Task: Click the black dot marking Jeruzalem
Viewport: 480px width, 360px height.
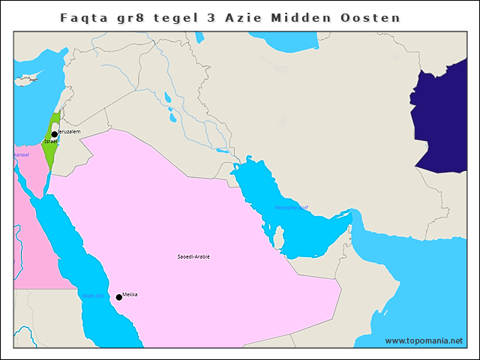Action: (55, 135)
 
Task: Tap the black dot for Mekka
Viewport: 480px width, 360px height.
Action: (118, 298)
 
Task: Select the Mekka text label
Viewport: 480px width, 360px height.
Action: (130, 295)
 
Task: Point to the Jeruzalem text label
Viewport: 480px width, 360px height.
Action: (68, 131)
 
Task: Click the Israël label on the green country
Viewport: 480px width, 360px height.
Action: (51, 142)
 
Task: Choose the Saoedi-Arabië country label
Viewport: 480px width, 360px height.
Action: (193, 256)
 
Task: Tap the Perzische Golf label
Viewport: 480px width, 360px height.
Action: (291, 207)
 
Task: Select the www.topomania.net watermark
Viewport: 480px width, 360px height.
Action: (424, 341)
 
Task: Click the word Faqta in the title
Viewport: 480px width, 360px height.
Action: (84, 16)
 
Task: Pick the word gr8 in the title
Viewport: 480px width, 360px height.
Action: (139, 16)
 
